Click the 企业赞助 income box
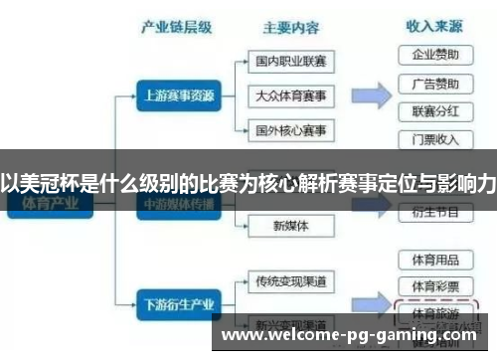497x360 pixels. pos(434,54)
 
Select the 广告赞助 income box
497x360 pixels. pos(434,83)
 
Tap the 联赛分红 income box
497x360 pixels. pos(434,110)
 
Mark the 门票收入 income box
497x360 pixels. pos(434,138)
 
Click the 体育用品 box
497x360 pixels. pos(434,260)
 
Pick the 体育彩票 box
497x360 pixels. pos(434,285)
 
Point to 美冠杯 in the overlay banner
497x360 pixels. pos(51,183)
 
